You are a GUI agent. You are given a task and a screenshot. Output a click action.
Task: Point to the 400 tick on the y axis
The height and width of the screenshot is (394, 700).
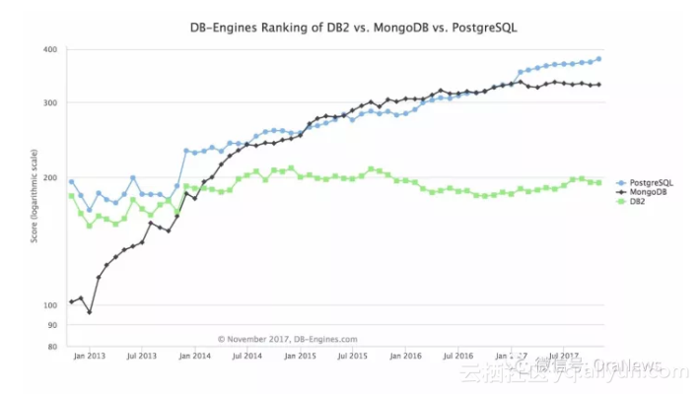click(x=49, y=49)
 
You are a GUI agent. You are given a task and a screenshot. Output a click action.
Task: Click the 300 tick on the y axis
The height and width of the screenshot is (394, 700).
click(x=49, y=102)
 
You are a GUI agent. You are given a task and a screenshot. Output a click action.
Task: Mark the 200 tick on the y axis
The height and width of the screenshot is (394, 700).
click(x=49, y=178)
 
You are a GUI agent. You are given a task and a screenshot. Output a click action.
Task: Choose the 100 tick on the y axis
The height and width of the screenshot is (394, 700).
click(x=49, y=305)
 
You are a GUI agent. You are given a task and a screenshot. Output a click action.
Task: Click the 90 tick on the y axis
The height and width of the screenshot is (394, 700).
click(x=51, y=325)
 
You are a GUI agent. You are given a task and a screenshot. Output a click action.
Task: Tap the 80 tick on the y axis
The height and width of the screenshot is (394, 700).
click(x=51, y=347)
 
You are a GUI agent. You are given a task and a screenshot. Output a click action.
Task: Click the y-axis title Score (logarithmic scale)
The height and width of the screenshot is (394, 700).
click(x=34, y=197)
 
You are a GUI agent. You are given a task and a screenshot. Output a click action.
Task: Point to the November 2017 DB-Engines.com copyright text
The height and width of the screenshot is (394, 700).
click(x=288, y=339)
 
